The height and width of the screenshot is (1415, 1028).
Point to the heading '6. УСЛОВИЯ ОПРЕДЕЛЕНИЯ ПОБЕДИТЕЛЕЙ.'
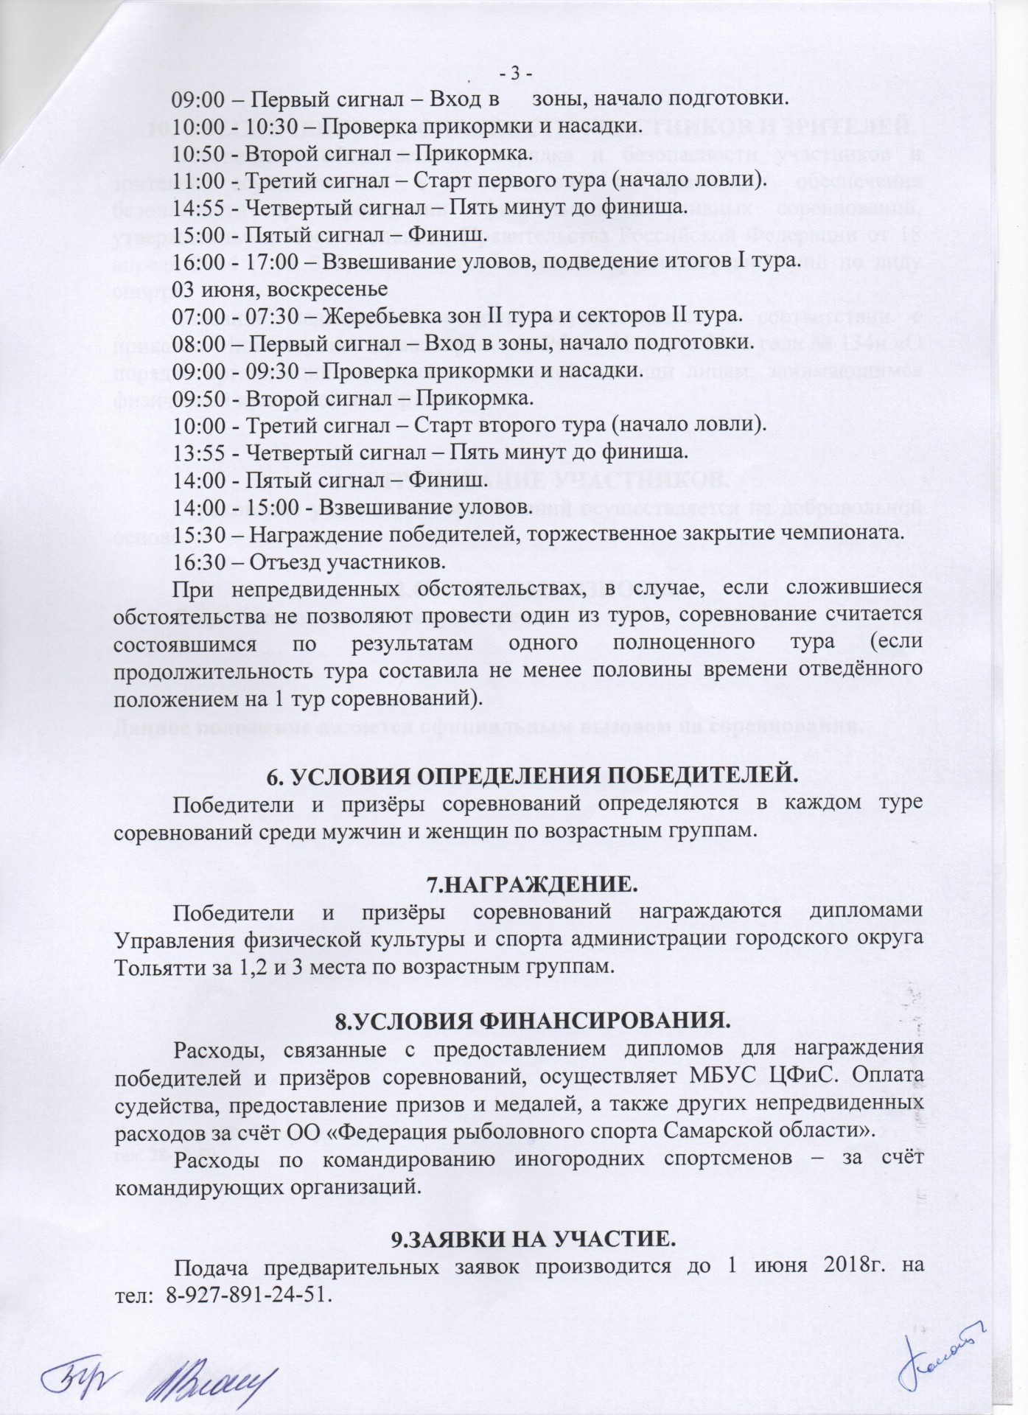(531, 776)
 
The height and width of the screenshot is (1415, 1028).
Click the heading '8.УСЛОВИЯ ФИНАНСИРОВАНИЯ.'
(531, 1021)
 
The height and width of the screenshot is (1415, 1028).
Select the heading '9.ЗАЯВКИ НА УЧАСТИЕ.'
(531, 1240)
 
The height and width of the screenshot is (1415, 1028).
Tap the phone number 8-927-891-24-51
(250, 1294)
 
